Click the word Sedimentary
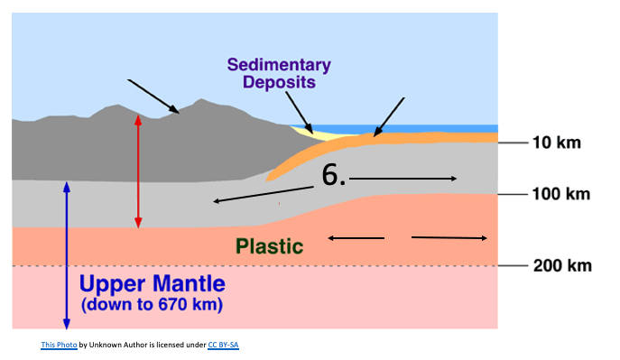pyautogui.click(x=279, y=65)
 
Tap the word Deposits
pyautogui.click(x=279, y=82)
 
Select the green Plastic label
pyautogui.click(x=270, y=246)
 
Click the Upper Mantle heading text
pyautogui.click(x=153, y=284)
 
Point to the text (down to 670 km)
pyautogui.click(x=153, y=305)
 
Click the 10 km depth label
pyautogui.click(x=557, y=143)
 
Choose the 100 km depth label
pyautogui.click(x=560, y=194)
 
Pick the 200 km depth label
pyautogui.click(x=562, y=265)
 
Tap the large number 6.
pyautogui.click(x=333, y=175)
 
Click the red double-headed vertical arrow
pyautogui.click(x=138, y=171)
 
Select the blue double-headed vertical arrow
pyautogui.click(x=67, y=255)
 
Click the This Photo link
pyautogui.click(x=59, y=345)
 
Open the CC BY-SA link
pyautogui.click(x=224, y=345)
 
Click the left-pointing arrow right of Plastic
pyautogui.click(x=356, y=238)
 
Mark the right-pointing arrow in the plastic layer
pyautogui.click(x=449, y=238)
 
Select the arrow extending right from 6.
pyautogui.click(x=403, y=179)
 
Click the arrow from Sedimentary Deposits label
pyautogui.click(x=300, y=113)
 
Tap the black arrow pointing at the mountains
pyautogui.click(x=153, y=97)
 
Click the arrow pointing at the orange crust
pyautogui.click(x=389, y=117)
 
